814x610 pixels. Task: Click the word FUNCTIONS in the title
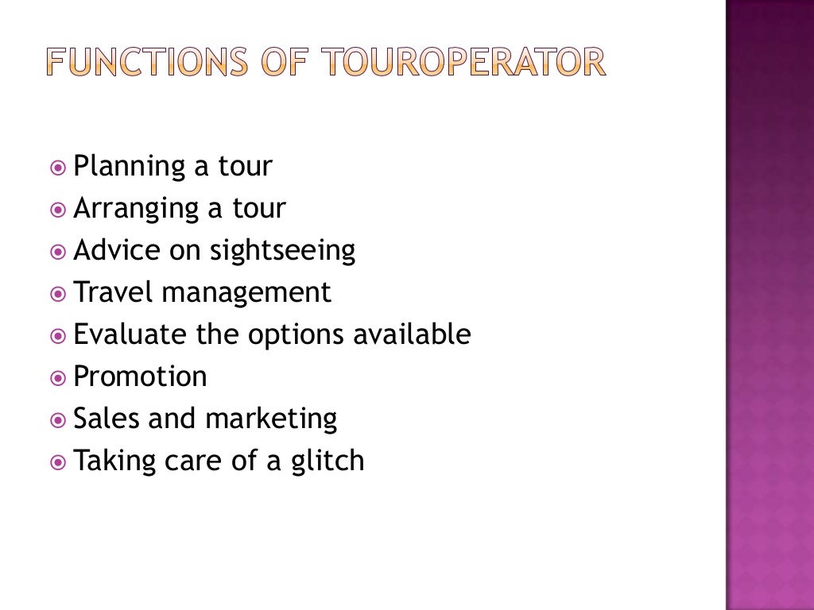pyautogui.click(x=147, y=62)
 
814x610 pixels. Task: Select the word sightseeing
pyautogui.click(x=282, y=252)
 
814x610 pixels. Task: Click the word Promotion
pyautogui.click(x=140, y=376)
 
